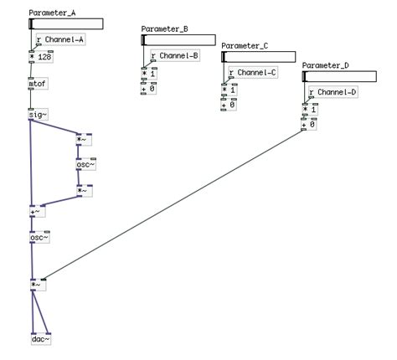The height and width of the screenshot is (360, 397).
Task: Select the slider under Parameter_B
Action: click(x=178, y=39)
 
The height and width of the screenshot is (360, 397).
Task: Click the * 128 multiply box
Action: click(x=41, y=58)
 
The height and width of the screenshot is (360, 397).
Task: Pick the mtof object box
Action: click(x=38, y=85)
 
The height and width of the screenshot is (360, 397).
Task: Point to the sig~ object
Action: click(x=38, y=115)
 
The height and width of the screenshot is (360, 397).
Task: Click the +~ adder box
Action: click(x=36, y=212)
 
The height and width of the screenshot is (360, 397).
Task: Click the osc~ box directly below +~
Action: click(x=39, y=238)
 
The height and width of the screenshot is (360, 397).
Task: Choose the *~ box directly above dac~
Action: click(x=37, y=285)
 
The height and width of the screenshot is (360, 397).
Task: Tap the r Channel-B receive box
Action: click(x=174, y=57)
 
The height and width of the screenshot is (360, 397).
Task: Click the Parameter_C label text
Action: click(x=245, y=46)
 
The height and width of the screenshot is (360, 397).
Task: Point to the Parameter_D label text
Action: click(x=325, y=65)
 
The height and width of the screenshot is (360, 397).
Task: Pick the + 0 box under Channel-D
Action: click(x=309, y=125)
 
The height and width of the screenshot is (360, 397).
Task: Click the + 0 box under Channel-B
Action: click(x=148, y=89)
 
